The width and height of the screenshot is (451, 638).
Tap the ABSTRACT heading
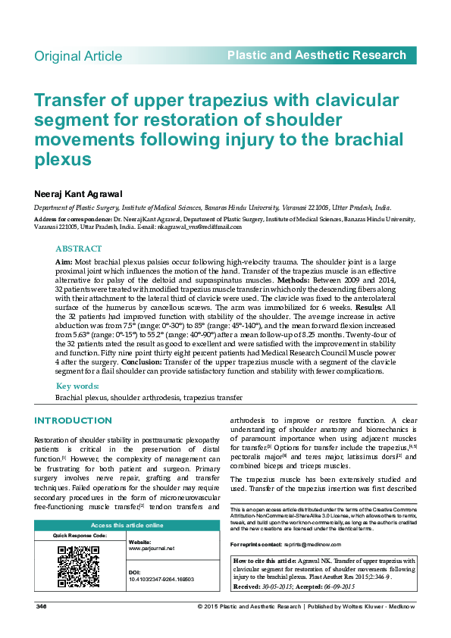pyautogui.click(x=79, y=249)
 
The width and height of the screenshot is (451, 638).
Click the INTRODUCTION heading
pyautogui.click(x=74, y=421)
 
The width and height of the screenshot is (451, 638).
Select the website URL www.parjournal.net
pyautogui.click(x=152, y=548)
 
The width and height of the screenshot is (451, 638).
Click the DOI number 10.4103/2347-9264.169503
pyautogui.click(x=161, y=579)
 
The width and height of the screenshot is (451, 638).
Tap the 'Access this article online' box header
pyautogui.click(x=127, y=525)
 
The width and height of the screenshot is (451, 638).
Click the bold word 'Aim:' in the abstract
pyautogui.click(x=64, y=260)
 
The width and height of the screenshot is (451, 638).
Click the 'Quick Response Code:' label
pyautogui.click(x=80, y=536)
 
